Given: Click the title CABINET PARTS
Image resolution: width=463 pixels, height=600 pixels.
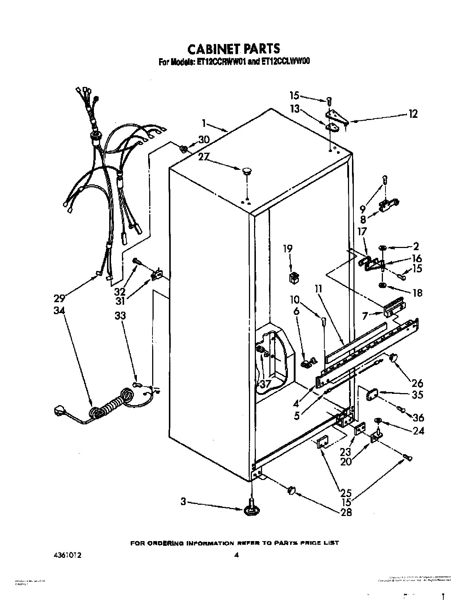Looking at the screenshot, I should coord(233,48).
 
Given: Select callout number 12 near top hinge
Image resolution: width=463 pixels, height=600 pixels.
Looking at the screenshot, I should coord(412,114).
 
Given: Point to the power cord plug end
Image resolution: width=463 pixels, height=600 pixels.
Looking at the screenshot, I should coord(60,411).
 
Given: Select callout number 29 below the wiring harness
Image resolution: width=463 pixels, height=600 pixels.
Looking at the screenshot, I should coord(59,299).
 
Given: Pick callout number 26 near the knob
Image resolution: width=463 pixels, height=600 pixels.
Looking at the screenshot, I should coord(418,383).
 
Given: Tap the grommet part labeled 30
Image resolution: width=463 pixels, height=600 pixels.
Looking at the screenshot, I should coord(184,148).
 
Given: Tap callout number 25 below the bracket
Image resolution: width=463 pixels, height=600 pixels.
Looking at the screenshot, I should coord(346,493).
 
